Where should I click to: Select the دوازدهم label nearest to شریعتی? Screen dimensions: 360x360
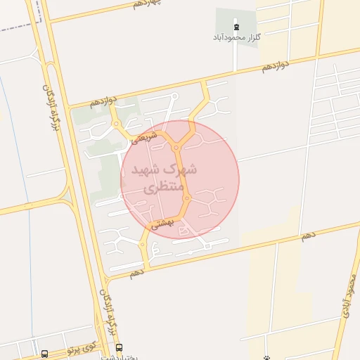pyautogui.click(x=105, y=101)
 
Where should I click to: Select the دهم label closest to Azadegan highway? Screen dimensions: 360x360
pyautogui.click(x=136, y=271)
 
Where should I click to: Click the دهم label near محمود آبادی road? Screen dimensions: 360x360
pyautogui.click(x=309, y=236)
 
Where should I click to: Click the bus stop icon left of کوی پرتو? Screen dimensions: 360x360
pyautogui.click(x=45, y=354)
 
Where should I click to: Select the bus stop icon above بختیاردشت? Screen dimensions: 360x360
pyautogui.click(x=118, y=347)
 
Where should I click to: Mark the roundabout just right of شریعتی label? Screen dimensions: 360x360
pyautogui.click(x=175, y=147)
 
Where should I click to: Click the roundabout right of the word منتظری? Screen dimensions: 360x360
pyautogui.click(x=186, y=198)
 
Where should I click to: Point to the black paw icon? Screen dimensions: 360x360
pyautogui.click(x=266, y=358)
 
